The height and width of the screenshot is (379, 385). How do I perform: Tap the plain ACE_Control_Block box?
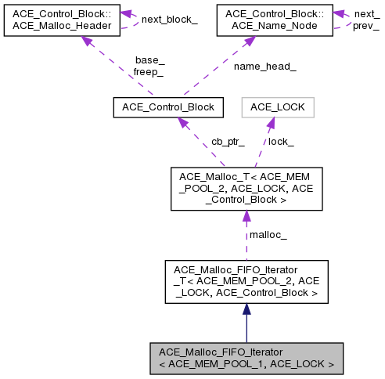click(168, 106)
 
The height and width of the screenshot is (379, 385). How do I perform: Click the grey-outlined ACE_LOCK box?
click(277, 106)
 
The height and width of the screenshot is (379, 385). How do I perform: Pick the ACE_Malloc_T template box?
click(246, 188)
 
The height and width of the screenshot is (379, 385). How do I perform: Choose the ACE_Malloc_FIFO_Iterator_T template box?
click(246, 282)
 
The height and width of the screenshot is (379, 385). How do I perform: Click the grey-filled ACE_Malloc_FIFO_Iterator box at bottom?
click(246, 358)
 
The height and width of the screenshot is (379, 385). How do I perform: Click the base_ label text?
click(149, 60)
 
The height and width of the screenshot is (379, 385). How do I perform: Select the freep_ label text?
click(149, 71)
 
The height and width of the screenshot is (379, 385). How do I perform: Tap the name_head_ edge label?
click(264, 66)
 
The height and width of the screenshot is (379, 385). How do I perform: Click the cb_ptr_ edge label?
click(228, 142)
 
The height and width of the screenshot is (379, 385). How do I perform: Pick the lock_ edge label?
click(281, 142)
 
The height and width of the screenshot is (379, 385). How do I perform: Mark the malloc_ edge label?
click(268, 234)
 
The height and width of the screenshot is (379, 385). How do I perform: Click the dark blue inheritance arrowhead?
click(246, 310)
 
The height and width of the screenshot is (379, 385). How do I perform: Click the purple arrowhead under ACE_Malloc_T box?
click(246, 217)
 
